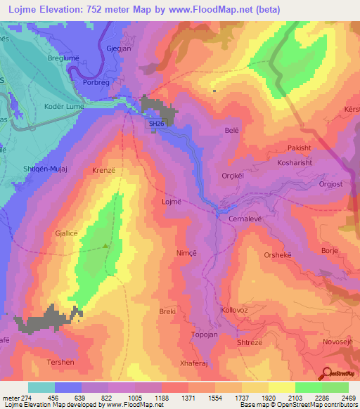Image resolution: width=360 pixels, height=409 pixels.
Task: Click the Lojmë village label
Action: (x=172, y=201)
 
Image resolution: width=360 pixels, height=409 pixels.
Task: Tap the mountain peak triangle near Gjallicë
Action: (x=105, y=246)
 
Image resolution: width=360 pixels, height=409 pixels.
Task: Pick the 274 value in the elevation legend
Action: (x=28, y=398)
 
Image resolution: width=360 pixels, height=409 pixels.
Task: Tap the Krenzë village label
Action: (x=103, y=171)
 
